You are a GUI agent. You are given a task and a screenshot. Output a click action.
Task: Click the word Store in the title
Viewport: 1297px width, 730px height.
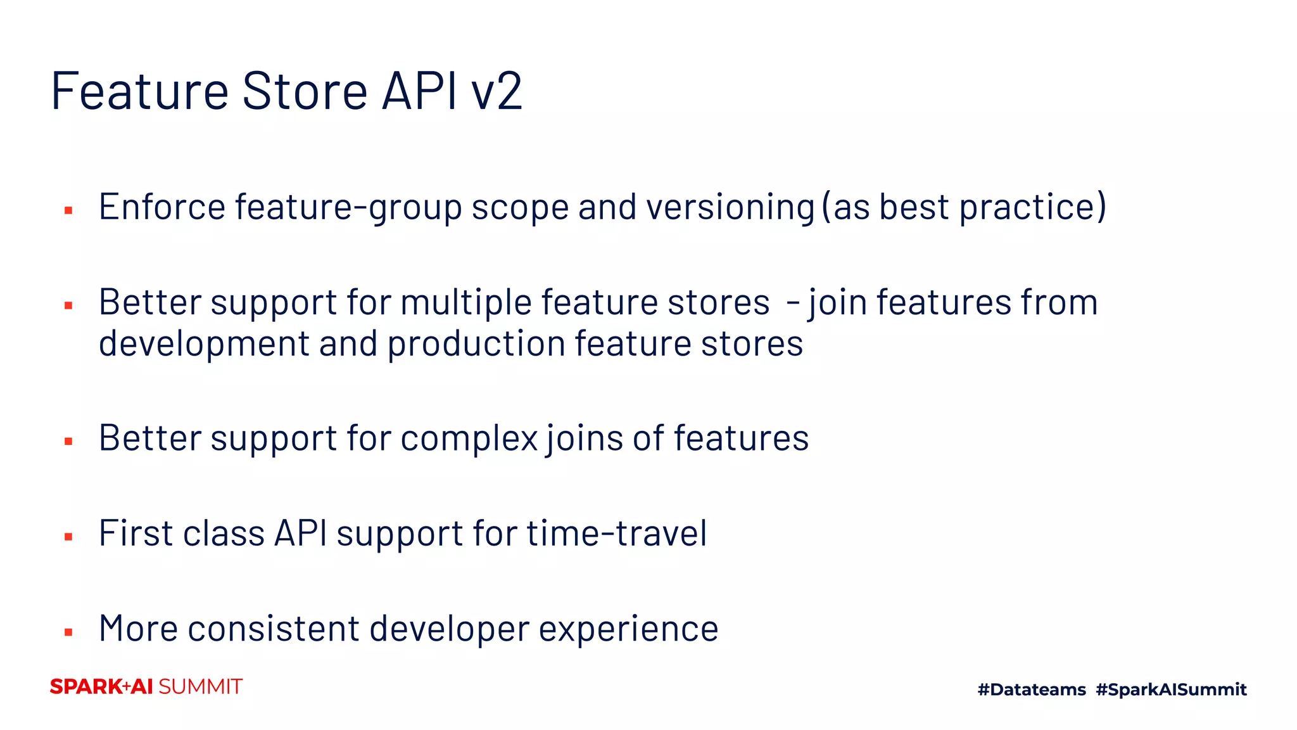click(305, 91)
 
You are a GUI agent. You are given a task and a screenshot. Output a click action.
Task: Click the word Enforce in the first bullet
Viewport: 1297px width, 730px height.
click(162, 207)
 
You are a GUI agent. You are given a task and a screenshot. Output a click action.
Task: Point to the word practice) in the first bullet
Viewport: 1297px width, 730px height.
click(1033, 208)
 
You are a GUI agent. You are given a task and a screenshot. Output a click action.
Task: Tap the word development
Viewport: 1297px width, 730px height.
click(204, 345)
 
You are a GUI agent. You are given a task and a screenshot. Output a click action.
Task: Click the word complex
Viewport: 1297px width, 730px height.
click(469, 439)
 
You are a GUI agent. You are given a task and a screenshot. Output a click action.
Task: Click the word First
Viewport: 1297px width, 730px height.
click(136, 533)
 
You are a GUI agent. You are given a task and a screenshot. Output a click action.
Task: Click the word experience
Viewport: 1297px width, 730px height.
click(628, 630)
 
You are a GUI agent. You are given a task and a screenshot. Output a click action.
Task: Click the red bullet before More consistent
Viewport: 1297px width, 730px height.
click(68, 632)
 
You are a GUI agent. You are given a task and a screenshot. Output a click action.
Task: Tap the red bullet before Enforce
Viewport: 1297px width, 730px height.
click(68, 210)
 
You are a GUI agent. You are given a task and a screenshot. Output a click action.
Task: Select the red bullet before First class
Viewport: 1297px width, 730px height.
click(68, 537)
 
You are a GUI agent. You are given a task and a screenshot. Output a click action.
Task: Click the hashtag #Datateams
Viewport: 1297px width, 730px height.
click(1032, 689)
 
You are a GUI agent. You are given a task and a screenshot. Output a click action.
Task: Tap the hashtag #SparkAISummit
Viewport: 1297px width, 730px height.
click(1171, 689)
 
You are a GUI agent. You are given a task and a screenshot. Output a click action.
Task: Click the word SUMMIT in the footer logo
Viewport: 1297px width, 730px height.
click(200, 687)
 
